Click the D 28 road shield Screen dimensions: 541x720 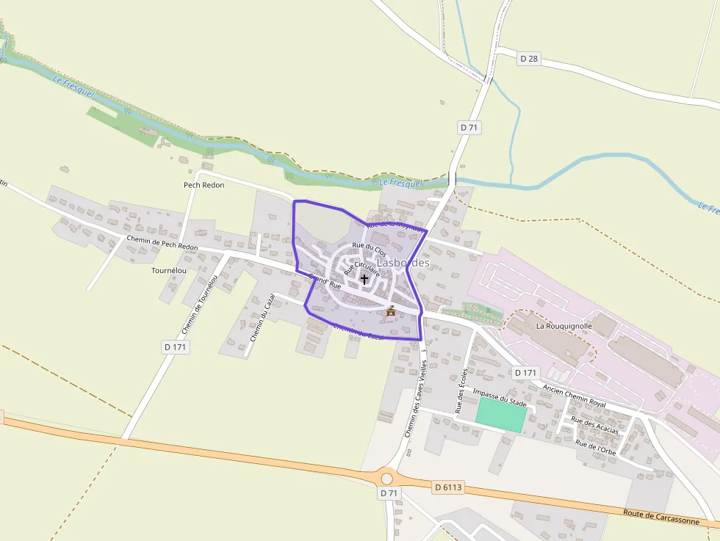pyautogui.click(x=529, y=59)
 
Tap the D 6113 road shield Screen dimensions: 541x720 pyautogui.click(x=447, y=487)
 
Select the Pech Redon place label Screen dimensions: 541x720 pyautogui.click(x=204, y=185)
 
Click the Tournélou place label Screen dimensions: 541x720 pyautogui.click(x=168, y=270)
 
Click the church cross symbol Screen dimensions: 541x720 pyautogui.click(x=364, y=279)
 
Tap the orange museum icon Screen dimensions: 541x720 pyautogui.click(x=391, y=312)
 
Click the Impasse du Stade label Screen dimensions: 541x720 pyautogui.click(x=500, y=398)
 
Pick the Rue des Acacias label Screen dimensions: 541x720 pyautogui.click(x=594, y=425)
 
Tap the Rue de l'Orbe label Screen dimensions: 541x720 pyautogui.click(x=595, y=447)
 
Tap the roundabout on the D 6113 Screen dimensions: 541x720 pyautogui.click(x=386, y=479)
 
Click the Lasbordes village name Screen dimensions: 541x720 pyautogui.click(x=403, y=262)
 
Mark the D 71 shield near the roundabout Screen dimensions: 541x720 pyautogui.click(x=389, y=494)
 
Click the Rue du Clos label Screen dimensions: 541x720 pyautogui.click(x=369, y=249)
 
